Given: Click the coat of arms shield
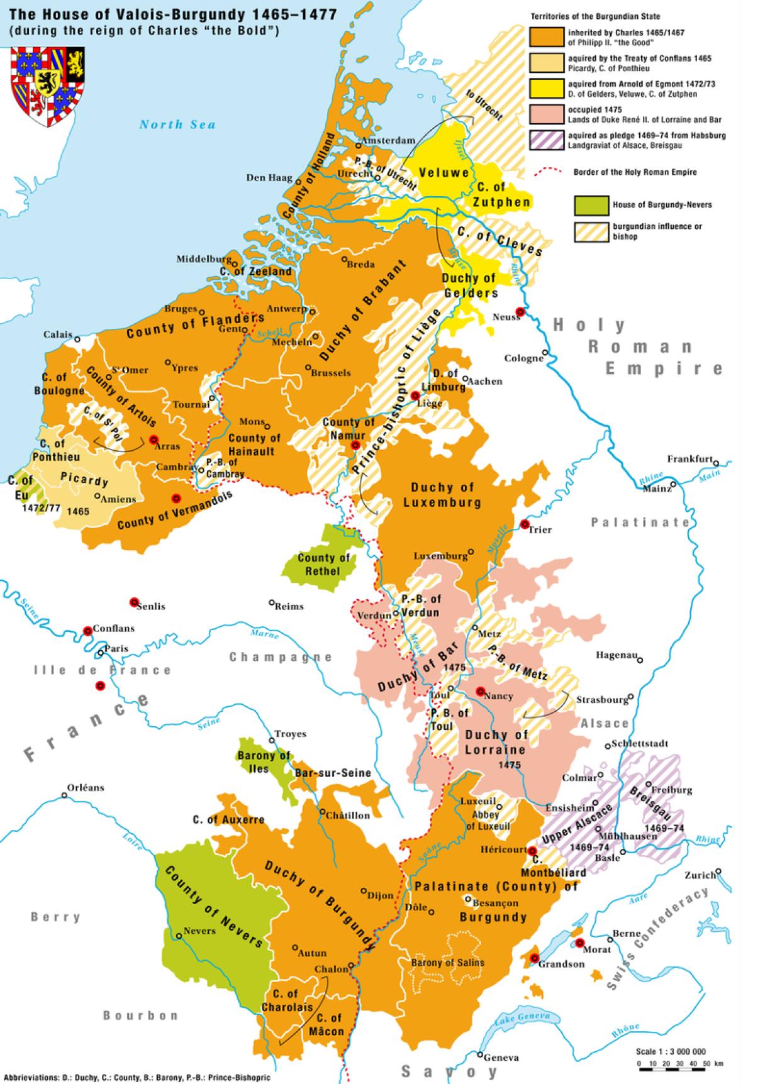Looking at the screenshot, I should [47, 85].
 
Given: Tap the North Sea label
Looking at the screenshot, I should [177, 124].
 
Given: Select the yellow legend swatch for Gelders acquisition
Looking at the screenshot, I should [546, 89].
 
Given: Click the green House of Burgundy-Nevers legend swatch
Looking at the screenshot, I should [591, 205].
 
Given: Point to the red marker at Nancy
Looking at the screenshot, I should [481, 691].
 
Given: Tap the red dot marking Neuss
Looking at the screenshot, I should [520, 312].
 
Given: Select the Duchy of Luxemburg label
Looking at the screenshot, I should [442, 495].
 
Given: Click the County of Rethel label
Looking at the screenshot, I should [323, 564].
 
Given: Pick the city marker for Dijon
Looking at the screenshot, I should [364, 891].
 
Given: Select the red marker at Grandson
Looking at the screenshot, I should [534, 958].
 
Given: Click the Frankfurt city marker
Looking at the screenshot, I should [716, 463].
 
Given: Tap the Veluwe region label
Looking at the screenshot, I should [444, 172].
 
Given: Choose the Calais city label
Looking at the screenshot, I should [58, 335].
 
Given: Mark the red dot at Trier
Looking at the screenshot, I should [525, 524].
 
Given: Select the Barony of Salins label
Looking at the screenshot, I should [448, 963].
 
